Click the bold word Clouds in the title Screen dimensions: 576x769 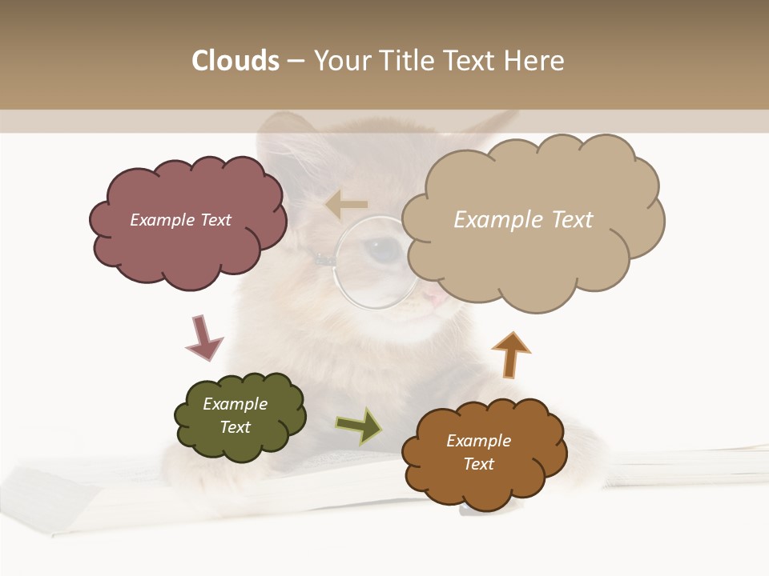point(235,61)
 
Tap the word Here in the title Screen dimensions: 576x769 point(536,61)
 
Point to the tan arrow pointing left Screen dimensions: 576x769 point(347,205)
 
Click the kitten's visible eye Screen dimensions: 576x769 point(387,250)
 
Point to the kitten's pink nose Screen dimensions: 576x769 point(433,298)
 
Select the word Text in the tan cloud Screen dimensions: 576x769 point(571,220)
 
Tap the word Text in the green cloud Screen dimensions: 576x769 point(235,427)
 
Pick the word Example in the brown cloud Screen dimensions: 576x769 point(478,441)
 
